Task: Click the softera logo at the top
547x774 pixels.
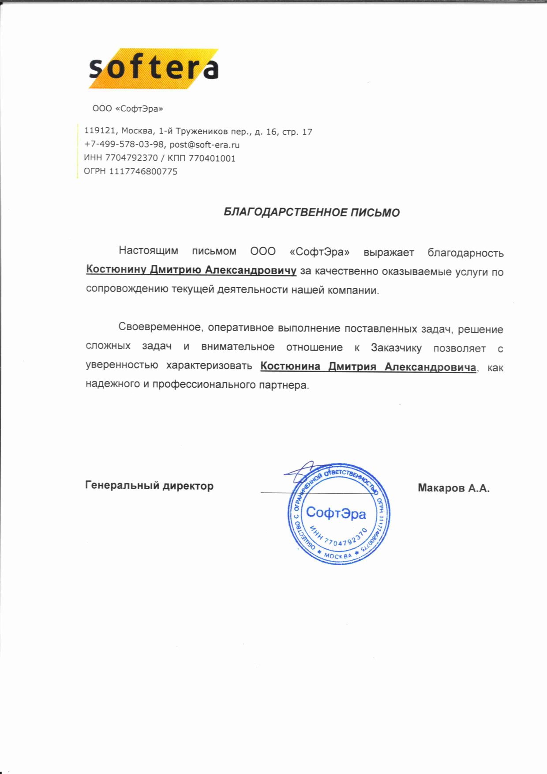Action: pyautogui.click(x=154, y=68)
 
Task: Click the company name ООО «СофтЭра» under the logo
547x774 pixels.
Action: pyautogui.click(x=127, y=109)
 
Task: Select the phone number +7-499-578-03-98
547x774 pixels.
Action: pyautogui.click(x=124, y=144)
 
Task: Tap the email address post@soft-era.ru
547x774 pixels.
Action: pyautogui.click(x=204, y=144)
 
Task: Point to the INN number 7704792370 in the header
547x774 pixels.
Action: pyautogui.click(x=131, y=158)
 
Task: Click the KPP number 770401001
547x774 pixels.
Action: pyautogui.click(x=212, y=158)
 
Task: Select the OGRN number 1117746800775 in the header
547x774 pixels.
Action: pyautogui.click(x=143, y=171)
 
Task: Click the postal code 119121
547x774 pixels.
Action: pyautogui.click(x=100, y=131)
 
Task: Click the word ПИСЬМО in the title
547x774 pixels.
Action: pyautogui.click(x=375, y=213)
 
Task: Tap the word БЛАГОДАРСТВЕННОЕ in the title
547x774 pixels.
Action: pyautogui.click(x=285, y=212)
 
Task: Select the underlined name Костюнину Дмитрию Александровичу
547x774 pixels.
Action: pyautogui.click(x=191, y=270)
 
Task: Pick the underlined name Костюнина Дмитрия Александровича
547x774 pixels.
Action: pyautogui.click(x=368, y=366)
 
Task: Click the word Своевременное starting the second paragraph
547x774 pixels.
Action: pyautogui.click(x=160, y=327)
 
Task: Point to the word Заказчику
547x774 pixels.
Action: pyautogui.click(x=396, y=347)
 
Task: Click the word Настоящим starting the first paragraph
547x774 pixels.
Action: pyautogui.click(x=148, y=251)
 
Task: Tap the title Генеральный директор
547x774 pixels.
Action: pyautogui.click(x=149, y=486)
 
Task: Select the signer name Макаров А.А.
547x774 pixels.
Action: pyautogui.click(x=453, y=488)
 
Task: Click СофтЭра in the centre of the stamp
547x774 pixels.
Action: pyautogui.click(x=336, y=513)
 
